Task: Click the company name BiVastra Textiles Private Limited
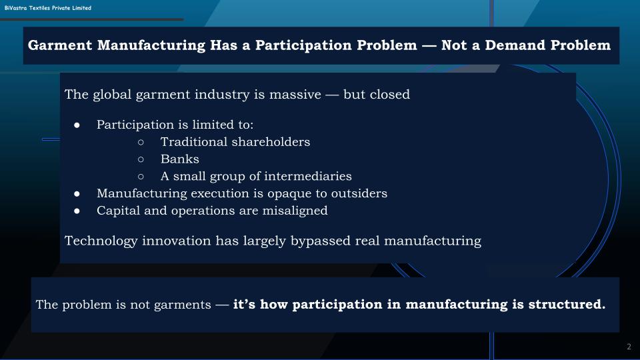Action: pyautogui.click(x=47, y=8)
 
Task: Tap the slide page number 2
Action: pyautogui.click(x=629, y=347)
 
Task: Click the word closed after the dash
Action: pyautogui.click(x=389, y=94)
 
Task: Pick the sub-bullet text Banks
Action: pyautogui.click(x=180, y=159)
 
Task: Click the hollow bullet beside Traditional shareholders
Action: pyautogui.click(x=141, y=142)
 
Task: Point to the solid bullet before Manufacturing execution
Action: pyautogui.click(x=77, y=193)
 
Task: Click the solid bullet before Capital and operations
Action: pyautogui.click(x=77, y=211)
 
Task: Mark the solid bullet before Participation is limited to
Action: pyautogui.click(x=77, y=125)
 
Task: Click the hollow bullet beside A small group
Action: pyautogui.click(x=141, y=177)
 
